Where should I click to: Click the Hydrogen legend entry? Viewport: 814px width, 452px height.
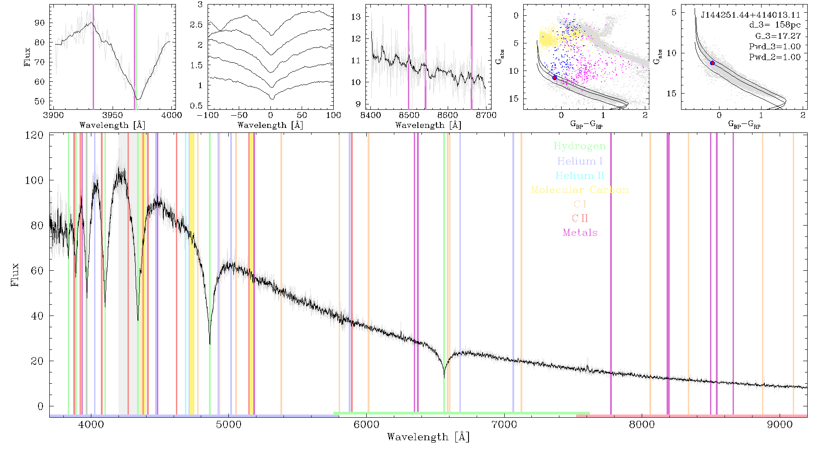[579, 146]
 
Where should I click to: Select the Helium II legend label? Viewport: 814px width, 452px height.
[580, 175]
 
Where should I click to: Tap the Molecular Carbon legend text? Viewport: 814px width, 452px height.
[580, 190]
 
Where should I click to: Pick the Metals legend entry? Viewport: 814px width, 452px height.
[580, 233]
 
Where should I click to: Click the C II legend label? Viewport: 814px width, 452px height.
[580, 218]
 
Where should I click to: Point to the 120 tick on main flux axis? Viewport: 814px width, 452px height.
[34, 135]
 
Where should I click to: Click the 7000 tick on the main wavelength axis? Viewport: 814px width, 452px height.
[504, 424]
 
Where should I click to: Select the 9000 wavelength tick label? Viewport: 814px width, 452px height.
[780, 424]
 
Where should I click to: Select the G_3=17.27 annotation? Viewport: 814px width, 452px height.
[778, 36]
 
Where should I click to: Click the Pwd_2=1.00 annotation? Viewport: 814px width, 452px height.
[775, 57]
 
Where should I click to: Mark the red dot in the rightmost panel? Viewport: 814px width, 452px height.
[712, 63]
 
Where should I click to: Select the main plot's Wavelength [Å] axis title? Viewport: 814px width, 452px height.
[428, 437]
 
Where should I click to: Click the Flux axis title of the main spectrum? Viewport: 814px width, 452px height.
[15, 275]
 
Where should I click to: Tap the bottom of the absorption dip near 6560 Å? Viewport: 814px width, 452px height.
[444, 377]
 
